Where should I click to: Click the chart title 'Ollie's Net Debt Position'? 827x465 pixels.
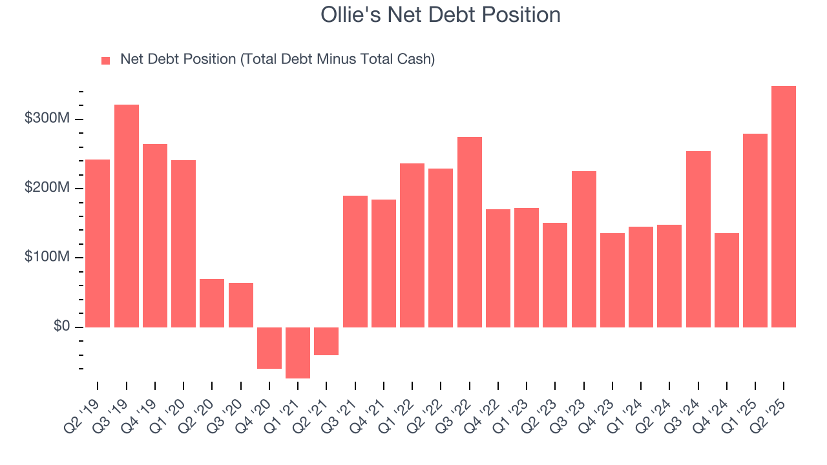coord(440,15)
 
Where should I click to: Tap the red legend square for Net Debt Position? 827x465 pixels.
coord(106,60)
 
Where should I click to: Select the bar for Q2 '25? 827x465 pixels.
coord(783,207)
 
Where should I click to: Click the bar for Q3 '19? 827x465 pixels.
coord(127,216)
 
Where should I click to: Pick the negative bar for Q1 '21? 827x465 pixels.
coord(298,353)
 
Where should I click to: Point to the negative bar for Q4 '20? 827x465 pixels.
coord(269,348)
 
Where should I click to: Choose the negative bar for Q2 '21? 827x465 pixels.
coord(326,341)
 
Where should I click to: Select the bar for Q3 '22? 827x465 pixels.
coord(469,232)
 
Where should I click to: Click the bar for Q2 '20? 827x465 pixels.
coord(212,303)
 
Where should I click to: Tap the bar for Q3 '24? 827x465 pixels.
coord(698,239)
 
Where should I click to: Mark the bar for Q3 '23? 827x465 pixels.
coord(583,249)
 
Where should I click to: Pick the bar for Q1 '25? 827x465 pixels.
coord(755,231)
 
